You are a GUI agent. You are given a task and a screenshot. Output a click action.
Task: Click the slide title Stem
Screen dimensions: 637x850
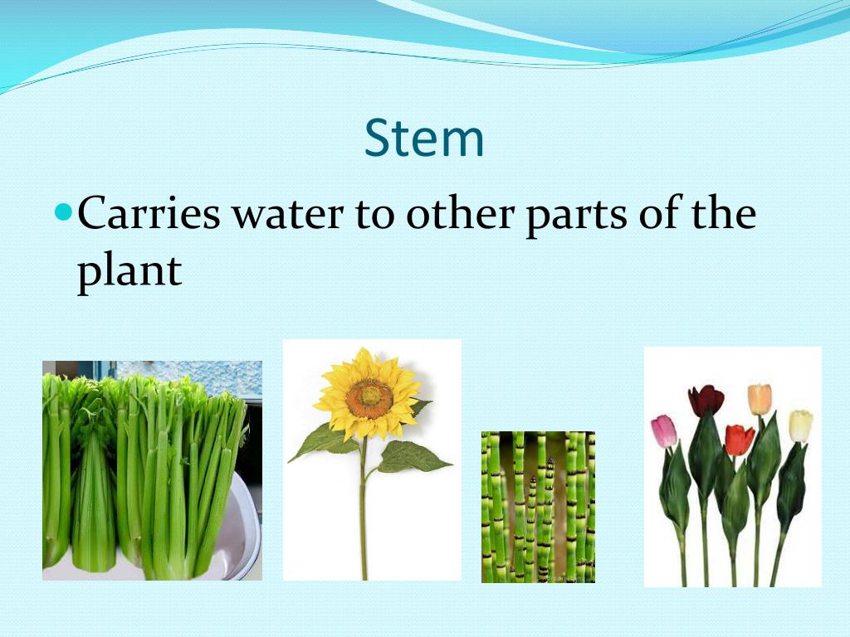click(424, 139)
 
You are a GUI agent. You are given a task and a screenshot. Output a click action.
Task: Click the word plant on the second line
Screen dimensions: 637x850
click(129, 270)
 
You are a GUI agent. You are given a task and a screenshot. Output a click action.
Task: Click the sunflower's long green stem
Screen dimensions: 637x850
click(364, 514)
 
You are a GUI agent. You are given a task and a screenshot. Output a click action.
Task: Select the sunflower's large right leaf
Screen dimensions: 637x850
click(413, 455)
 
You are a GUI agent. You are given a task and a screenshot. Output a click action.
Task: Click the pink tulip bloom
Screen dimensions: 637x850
click(663, 431)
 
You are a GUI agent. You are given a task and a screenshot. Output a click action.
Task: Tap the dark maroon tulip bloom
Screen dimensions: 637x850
click(706, 401)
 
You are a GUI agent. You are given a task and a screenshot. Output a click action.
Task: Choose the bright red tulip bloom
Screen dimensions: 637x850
click(739, 440)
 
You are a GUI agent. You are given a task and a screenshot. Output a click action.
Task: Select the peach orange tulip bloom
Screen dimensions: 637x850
click(760, 399)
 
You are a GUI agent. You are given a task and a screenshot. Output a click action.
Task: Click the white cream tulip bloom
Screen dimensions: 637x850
click(800, 425)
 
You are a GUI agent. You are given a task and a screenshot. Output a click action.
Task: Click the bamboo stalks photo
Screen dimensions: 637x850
click(538, 506)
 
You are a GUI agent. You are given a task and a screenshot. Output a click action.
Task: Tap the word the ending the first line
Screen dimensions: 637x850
click(725, 215)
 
